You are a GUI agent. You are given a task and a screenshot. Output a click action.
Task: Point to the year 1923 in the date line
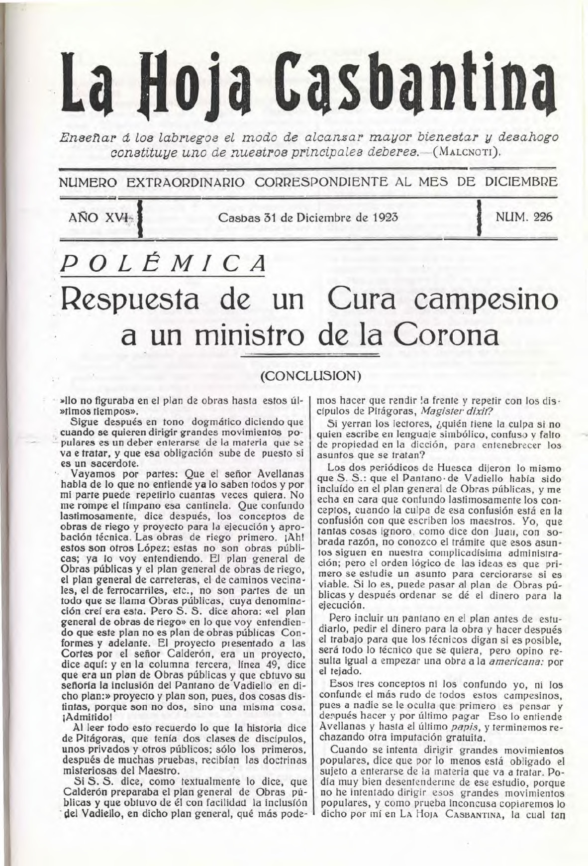(x=386, y=217)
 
